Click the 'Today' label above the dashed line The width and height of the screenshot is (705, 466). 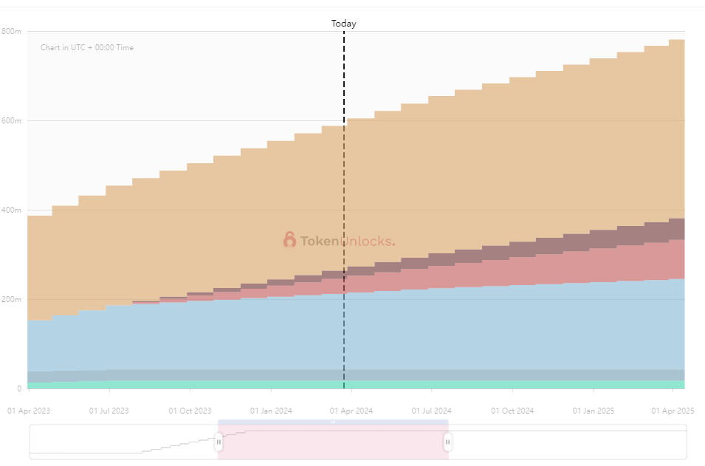point(343,24)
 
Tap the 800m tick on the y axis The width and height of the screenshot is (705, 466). point(11,31)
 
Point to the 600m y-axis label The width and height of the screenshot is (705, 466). point(11,120)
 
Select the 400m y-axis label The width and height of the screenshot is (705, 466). point(11,210)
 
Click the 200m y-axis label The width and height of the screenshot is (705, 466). point(11,299)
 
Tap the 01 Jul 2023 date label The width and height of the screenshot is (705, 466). point(109,410)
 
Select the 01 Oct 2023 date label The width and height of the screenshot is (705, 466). point(190,410)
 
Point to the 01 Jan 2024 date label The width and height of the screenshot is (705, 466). point(271,410)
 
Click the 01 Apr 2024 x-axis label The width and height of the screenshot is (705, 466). point(352,410)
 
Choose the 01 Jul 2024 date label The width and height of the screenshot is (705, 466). point(432,410)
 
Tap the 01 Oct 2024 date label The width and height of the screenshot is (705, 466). point(513,410)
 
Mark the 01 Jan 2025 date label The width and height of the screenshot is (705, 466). point(594,410)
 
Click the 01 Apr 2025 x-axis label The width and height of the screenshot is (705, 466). point(674,410)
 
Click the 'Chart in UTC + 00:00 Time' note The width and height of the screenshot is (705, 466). point(87,48)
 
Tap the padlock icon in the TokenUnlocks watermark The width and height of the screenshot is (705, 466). point(289,240)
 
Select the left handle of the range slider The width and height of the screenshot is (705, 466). point(219,442)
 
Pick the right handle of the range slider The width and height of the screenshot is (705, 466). point(447,442)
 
